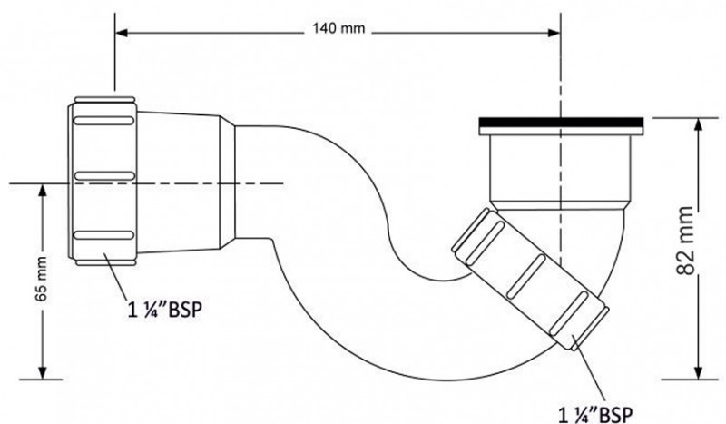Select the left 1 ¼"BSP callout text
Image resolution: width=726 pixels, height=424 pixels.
pos(163,306)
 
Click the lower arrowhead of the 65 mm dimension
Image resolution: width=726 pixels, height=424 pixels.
pos(42,373)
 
